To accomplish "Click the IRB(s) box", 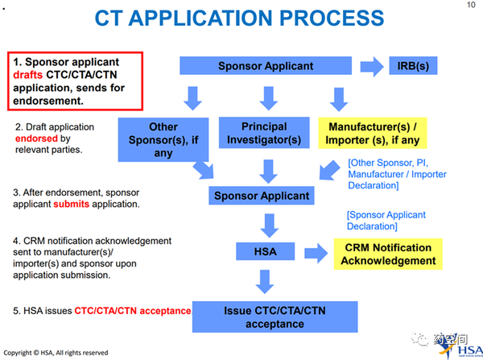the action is (413, 66).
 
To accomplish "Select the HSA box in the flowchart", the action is (265, 251).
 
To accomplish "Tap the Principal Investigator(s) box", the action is (264, 133).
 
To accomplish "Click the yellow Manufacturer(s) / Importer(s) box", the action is (373, 133).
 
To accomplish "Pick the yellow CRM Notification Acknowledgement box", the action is (388, 254).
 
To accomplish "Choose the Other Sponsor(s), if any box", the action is (163, 139).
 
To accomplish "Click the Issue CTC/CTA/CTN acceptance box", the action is (275, 317).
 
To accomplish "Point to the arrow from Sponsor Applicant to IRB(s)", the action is (372, 66).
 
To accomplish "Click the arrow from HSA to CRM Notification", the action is (316, 254).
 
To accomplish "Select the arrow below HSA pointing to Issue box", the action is (265, 281).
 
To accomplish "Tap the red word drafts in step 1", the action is (27, 75).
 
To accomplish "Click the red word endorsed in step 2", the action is (36, 139).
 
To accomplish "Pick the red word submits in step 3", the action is (71, 204).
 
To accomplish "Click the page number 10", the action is (471, 5).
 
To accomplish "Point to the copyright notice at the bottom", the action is (56, 353).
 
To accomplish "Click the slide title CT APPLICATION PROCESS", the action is (239, 18).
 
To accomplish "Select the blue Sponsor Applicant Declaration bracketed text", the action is (386, 221).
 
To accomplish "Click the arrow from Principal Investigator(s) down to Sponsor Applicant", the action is (268, 172).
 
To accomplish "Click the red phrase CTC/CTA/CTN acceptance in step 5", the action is (133, 311).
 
